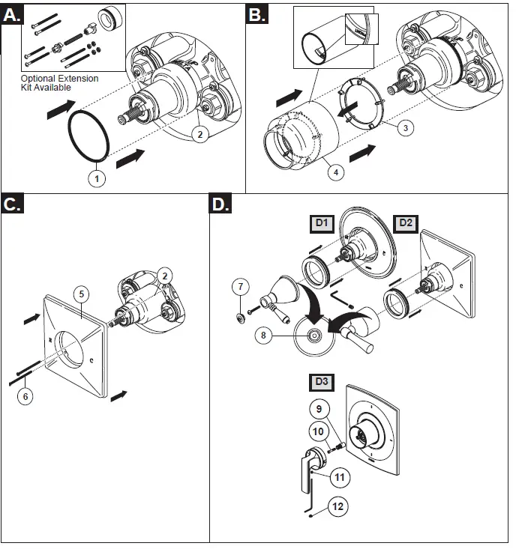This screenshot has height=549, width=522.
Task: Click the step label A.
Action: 13,14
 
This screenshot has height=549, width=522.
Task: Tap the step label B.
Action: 257,14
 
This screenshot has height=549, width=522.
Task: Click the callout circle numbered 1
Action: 97,178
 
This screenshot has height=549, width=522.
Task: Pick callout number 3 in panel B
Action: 404,128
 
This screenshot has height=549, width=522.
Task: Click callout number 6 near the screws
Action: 27,396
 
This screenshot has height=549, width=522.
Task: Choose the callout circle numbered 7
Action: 239,286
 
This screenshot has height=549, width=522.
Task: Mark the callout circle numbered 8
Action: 262,336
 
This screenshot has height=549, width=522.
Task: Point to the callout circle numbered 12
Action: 338,506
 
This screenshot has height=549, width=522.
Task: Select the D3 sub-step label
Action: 321,381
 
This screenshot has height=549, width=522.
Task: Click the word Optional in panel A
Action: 39,78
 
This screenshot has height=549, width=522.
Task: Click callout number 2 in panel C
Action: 166,275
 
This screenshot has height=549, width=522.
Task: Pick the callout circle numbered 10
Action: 318,431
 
